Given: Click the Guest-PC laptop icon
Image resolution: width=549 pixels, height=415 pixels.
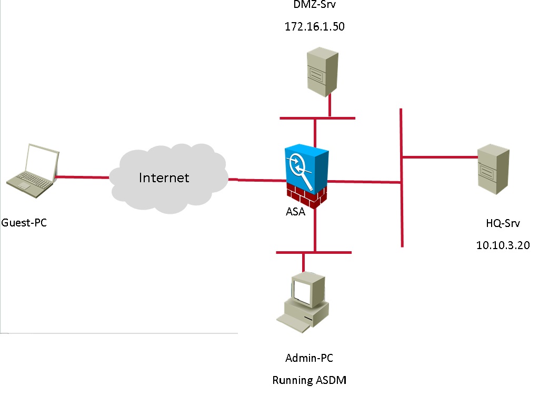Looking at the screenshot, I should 32,167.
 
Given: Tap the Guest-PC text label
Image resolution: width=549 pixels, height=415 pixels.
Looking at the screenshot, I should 24,223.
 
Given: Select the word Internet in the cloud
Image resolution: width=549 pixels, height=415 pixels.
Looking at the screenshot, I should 164,177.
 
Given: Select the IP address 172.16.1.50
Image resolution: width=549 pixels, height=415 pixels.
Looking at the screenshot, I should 314,26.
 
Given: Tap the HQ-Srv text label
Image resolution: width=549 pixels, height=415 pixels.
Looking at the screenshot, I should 502,224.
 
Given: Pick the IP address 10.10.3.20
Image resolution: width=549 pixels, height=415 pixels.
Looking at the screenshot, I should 502,245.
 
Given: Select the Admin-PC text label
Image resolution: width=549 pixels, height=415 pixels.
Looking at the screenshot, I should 309,359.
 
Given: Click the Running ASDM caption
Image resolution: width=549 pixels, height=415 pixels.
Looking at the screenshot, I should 310,380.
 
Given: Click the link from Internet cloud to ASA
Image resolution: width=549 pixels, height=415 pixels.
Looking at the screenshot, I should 258,180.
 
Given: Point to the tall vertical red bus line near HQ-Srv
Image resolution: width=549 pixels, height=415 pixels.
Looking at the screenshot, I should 402,211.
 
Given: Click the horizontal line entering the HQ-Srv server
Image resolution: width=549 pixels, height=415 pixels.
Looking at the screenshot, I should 440,156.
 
